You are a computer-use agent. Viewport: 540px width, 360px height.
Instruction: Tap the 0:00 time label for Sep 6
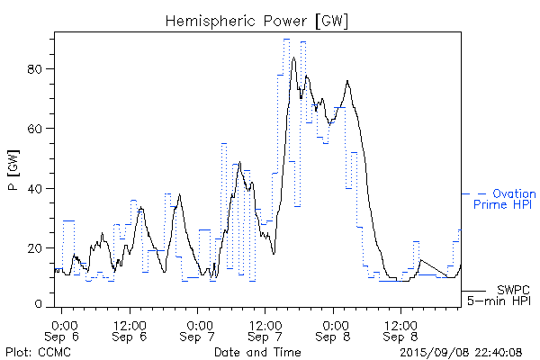pos(63,323)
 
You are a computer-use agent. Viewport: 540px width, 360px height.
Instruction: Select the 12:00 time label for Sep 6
pos(130,323)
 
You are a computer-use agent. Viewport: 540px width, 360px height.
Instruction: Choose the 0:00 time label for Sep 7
pos(199,323)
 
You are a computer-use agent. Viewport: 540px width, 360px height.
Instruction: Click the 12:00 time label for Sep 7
pos(266,323)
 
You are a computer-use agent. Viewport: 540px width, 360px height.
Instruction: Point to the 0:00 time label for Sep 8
pos(335,323)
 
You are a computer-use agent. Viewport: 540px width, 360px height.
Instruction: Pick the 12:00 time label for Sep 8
pos(402,323)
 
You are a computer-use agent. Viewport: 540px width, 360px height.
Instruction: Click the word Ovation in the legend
pos(514,193)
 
